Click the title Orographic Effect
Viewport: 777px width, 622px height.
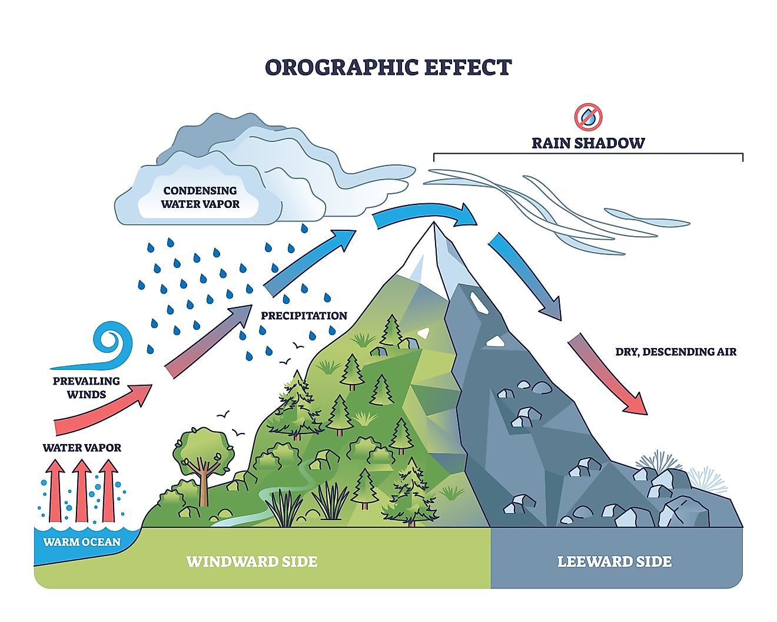388,67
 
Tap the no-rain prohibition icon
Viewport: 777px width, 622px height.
588,117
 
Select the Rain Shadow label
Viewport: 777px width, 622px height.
588,143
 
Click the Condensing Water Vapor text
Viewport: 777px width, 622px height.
200,197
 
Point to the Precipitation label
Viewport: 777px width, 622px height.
304,316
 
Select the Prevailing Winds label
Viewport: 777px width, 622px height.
86,388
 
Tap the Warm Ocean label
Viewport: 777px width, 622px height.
82,542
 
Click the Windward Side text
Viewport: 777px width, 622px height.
252,561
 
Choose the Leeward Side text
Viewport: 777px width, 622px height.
614,561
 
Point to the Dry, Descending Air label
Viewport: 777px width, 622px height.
676,352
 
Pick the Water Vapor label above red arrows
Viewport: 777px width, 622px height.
82,448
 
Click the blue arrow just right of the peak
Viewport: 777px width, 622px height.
524,277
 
